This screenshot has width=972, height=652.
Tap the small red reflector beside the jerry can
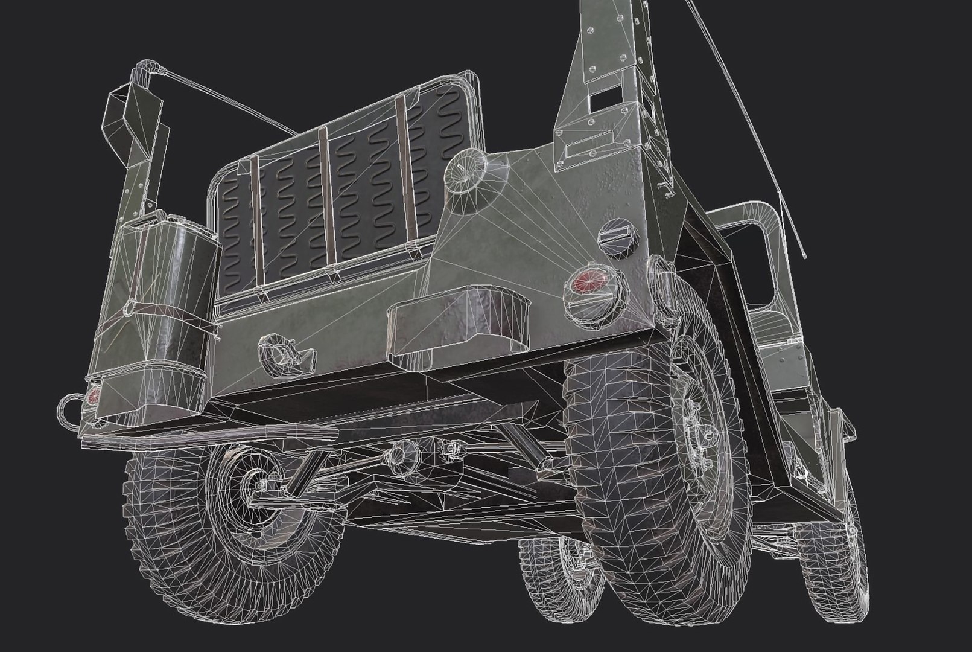click(92, 397)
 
